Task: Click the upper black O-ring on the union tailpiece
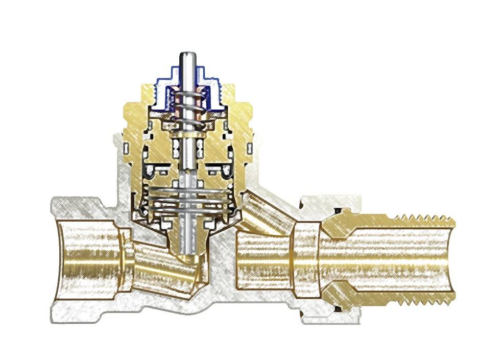[x=338, y=211]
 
